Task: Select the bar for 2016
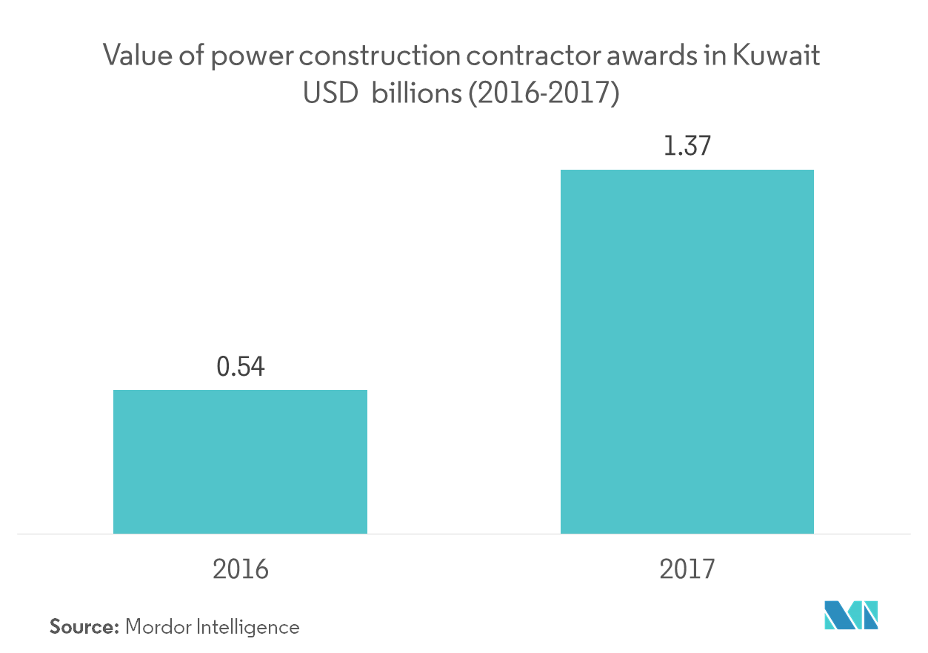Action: pos(240,461)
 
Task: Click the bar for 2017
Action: pos(687,351)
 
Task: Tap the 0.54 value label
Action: pos(240,367)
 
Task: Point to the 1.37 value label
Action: pos(687,147)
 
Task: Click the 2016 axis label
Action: pos(240,569)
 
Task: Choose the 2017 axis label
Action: pos(687,569)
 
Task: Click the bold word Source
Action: pos(84,627)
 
